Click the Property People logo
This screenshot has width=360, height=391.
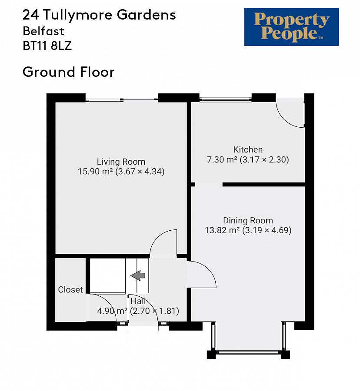pos(291,27)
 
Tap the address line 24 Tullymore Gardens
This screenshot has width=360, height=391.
pos(99,15)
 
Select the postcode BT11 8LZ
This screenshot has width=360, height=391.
pos(47,46)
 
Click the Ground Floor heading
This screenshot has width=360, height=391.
pos(68,72)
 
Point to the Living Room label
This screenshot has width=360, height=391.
pos(121,162)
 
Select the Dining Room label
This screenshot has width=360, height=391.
pos(248,220)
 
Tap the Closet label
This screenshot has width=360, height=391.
pos(70,289)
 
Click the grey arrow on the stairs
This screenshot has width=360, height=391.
pos(138,275)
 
